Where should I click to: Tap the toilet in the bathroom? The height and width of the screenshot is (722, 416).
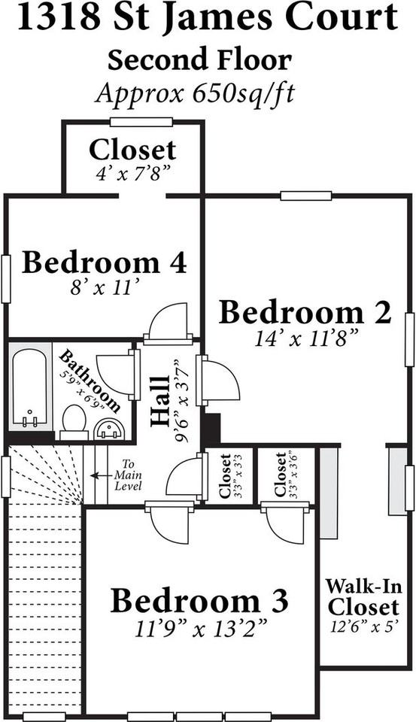(x=74, y=421)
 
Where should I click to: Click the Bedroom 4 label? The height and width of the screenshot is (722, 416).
(x=104, y=263)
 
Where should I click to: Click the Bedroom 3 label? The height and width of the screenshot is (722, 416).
(x=199, y=601)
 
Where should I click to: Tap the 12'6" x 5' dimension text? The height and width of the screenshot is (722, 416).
(x=363, y=624)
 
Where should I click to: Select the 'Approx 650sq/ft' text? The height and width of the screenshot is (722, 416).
(x=195, y=93)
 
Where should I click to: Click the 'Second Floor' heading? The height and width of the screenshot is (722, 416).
(x=199, y=60)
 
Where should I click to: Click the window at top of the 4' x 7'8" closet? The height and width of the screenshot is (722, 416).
(x=141, y=122)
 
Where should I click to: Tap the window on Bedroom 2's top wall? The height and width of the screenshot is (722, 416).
(x=305, y=196)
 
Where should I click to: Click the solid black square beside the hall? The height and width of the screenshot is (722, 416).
(x=210, y=429)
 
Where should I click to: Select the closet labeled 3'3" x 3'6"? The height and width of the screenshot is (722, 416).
(x=281, y=475)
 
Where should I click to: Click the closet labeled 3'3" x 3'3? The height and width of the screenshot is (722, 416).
(x=225, y=476)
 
